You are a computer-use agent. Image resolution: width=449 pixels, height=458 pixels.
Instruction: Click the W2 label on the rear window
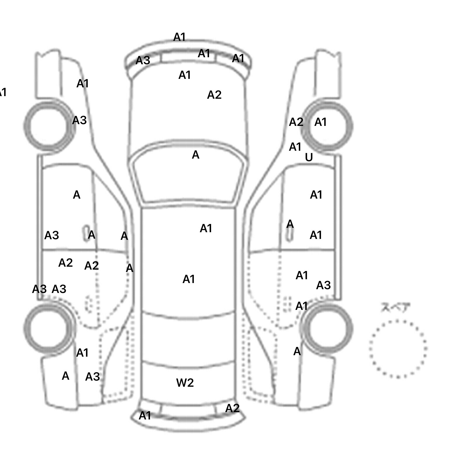[185, 383]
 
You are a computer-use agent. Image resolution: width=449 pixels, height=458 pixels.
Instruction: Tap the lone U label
[309, 158]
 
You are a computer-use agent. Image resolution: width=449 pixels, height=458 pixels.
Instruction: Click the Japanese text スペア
[396, 308]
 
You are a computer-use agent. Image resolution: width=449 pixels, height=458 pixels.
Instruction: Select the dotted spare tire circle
[398, 349]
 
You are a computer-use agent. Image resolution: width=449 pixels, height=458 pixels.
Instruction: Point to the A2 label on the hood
[214, 95]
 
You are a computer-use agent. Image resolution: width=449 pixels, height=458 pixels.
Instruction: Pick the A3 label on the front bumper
[143, 61]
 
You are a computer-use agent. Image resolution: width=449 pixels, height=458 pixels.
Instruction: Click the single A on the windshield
[196, 155]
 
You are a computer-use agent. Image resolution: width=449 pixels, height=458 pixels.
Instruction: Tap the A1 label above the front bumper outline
[179, 37]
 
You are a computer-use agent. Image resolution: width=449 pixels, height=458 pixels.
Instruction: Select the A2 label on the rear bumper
[232, 408]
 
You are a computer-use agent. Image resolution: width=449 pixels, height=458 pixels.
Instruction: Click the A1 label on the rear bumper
[145, 415]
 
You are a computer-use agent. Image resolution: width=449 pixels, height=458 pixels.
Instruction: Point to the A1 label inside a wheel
[320, 122]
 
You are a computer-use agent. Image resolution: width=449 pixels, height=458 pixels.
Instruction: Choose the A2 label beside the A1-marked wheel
[296, 122]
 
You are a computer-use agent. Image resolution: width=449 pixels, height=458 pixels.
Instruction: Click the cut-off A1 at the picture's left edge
[2, 93]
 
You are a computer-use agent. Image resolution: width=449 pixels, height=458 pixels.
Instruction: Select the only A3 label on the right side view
[323, 285]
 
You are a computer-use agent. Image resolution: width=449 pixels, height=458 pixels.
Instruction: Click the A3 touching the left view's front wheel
[79, 120]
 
